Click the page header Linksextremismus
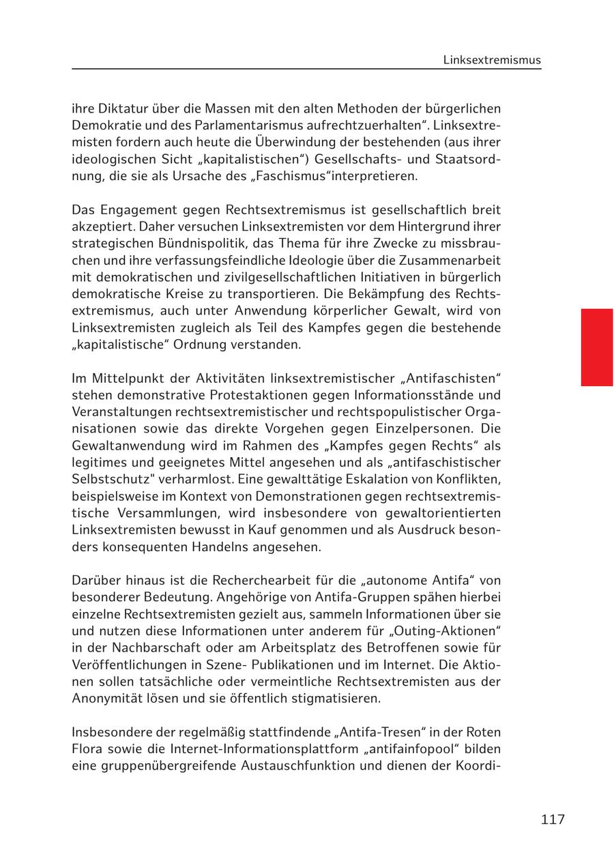pos(491,60)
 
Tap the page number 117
pos(553,819)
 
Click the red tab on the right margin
pos(596,347)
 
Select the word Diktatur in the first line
pos(118,108)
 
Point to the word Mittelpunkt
pos(124,378)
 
